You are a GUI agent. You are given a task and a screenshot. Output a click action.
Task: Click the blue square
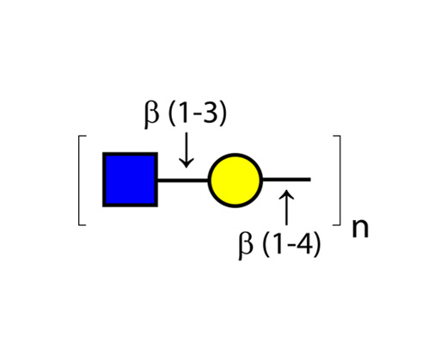pos(130,180)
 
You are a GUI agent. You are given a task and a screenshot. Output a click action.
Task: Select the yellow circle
pos(236,180)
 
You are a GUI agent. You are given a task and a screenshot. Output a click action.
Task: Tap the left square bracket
pos(79,180)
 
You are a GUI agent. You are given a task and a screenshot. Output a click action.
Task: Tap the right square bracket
pos(340,180)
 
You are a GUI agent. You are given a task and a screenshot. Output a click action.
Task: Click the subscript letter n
pos(360,229)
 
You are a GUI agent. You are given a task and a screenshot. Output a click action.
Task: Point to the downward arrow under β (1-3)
pos(187,150)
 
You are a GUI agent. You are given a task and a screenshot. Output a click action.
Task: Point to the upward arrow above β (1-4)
pos(286,207)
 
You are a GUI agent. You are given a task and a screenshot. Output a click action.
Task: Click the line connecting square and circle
pos(183,180)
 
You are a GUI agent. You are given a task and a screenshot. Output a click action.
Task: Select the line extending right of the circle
pos(286,180)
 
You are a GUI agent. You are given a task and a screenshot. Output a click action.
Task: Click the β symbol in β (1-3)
pos(151,113)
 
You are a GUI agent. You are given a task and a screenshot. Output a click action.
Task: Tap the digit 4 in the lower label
pos(305,243)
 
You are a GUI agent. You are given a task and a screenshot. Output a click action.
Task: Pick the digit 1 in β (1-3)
pos(184,113)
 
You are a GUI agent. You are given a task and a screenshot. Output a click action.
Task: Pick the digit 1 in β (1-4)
pos(278,243)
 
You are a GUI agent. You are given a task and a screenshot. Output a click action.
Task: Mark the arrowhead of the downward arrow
pos(187,162)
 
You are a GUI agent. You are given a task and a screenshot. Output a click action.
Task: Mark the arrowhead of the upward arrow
pos(286,194)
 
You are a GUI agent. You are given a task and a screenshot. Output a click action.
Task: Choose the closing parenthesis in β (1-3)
pos(223,113)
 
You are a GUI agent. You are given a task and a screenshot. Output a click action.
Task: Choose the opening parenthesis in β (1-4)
pos(266,244)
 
